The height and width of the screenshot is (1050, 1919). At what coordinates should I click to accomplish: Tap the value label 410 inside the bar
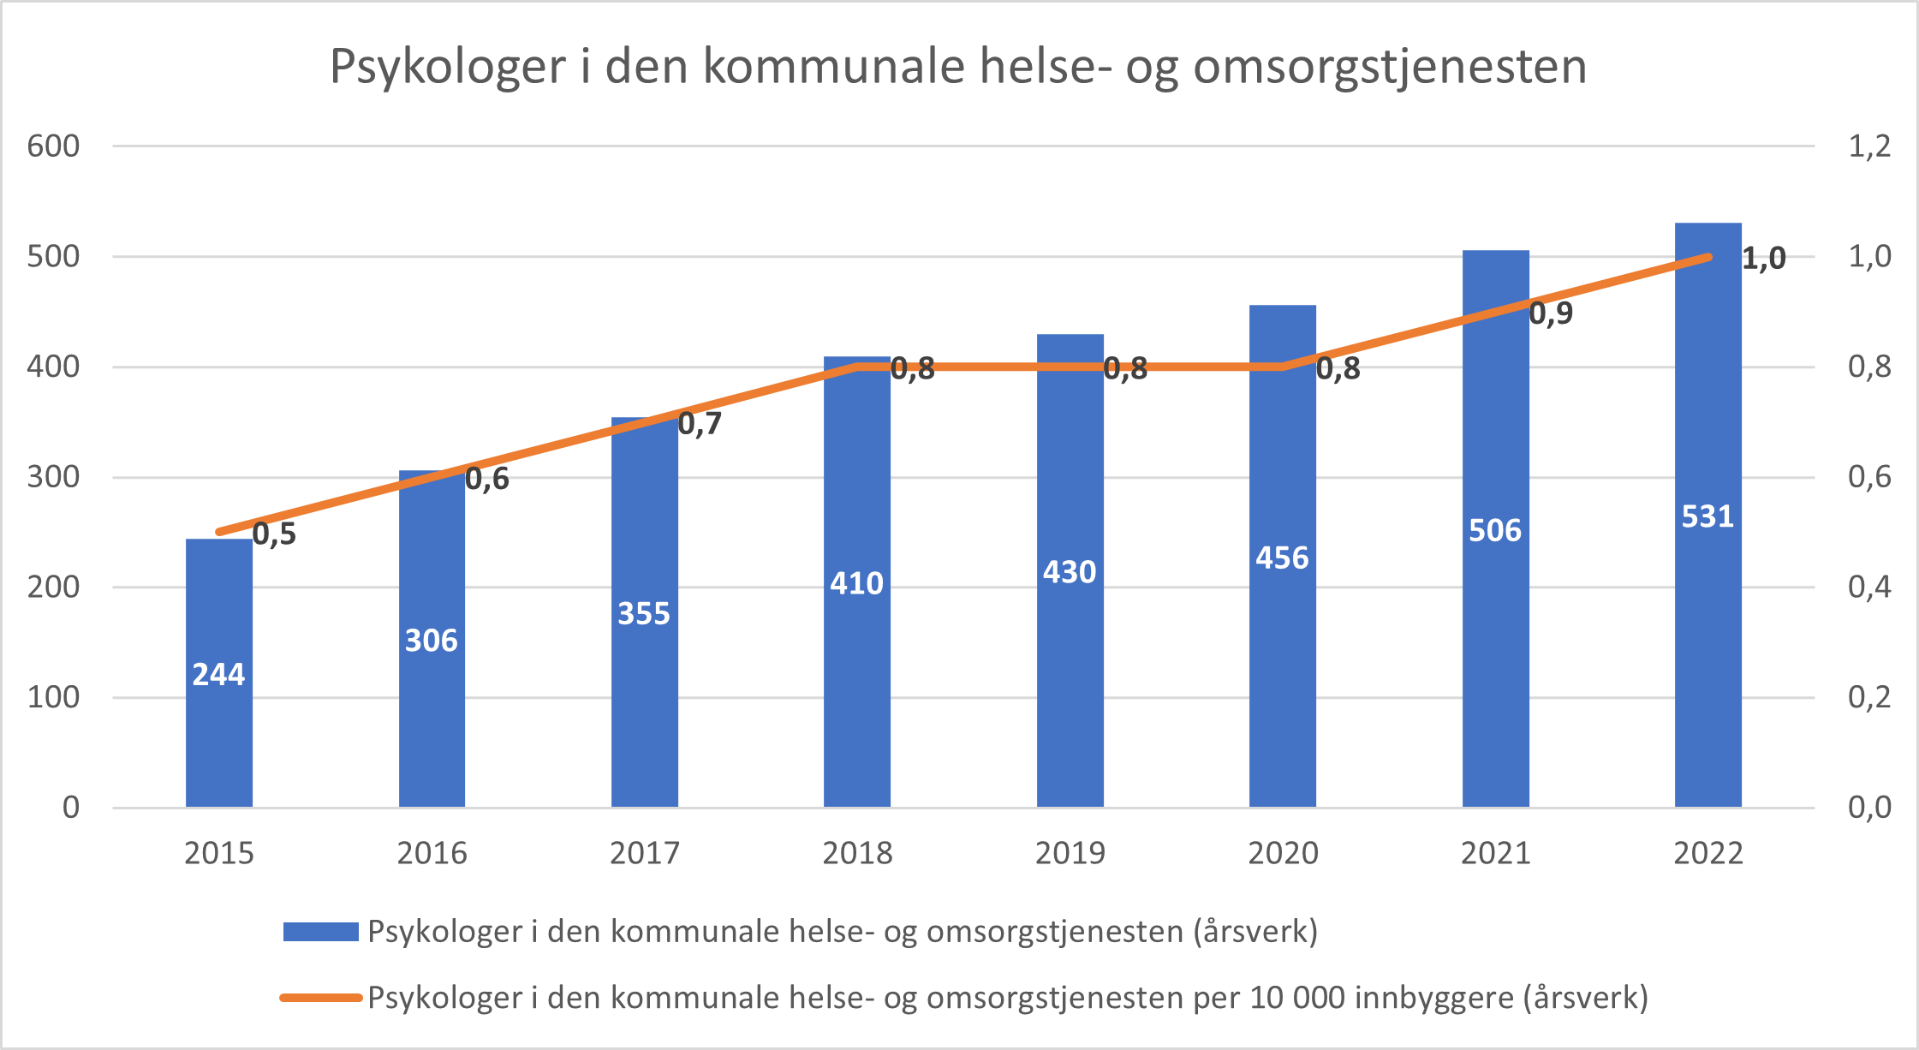[x=856, y=583]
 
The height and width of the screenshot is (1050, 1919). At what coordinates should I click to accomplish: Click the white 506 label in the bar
[x=1495, y=531]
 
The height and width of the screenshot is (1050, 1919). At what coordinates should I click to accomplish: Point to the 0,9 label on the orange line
[x=1551, y=313]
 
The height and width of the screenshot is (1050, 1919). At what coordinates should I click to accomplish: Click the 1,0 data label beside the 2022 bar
[x=1764, y=258]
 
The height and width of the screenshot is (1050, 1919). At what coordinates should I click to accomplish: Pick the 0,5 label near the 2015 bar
[x=274, y=534]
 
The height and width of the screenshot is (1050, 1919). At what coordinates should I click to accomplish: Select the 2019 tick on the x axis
[x=1070, y=853]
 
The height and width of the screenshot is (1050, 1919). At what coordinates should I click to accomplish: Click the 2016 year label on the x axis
[x=432, y=853]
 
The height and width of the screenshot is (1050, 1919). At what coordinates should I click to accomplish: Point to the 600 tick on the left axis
[x=53, y=146]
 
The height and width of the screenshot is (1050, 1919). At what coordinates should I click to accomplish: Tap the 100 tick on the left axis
[x=53, y=697]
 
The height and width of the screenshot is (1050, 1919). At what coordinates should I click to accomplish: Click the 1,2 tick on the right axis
[x=1869, y=146]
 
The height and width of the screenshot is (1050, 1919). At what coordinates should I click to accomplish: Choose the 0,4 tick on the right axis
[x=1869, y=587]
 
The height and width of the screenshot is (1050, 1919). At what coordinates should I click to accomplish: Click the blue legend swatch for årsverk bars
[x=320, y=932]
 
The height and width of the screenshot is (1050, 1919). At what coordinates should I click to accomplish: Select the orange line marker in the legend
[x=320, y=998]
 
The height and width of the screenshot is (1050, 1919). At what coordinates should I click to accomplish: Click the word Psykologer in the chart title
[x=448, y=67]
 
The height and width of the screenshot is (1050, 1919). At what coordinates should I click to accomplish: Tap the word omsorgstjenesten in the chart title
[x=1390, y=67]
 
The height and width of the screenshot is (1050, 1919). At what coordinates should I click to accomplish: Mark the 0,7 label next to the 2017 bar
[x=700, y=423]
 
